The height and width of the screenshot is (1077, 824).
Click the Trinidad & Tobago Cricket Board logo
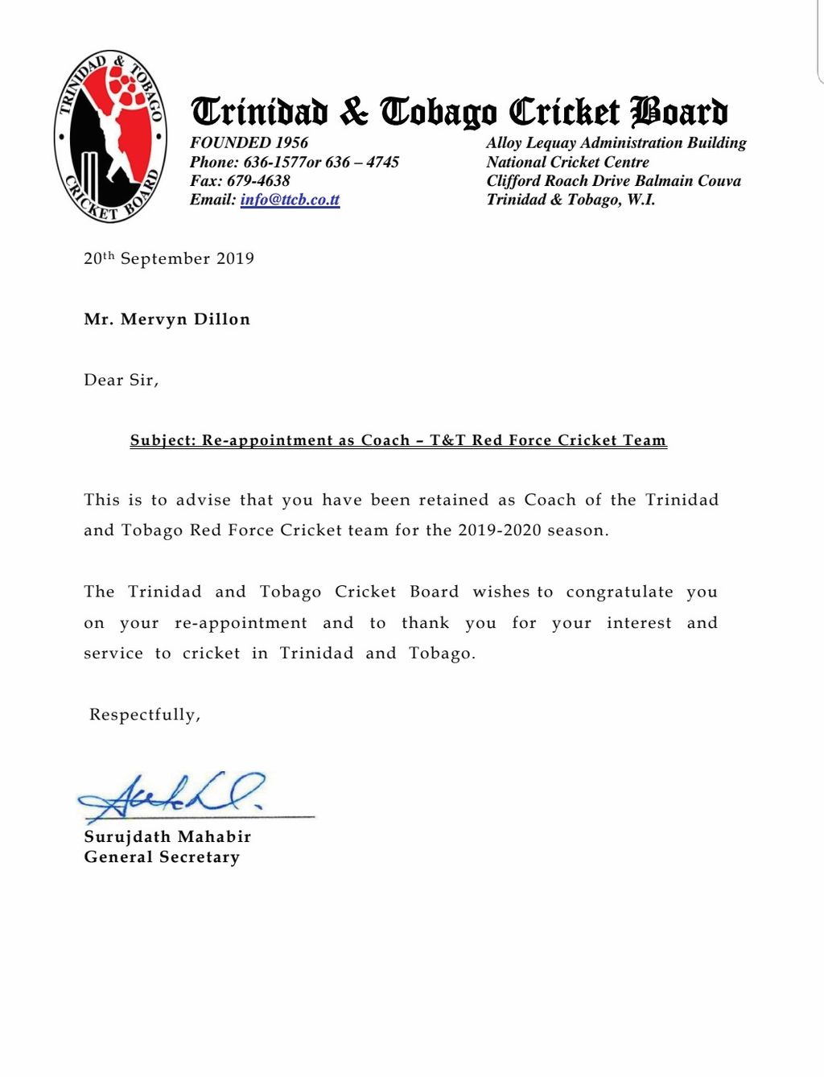[x=110, y=136]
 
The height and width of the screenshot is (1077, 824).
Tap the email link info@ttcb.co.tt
[x=290, y=200]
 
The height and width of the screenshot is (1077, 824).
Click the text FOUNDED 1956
[x=249, y=142]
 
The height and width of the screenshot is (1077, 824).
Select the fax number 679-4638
[x=257, y=180]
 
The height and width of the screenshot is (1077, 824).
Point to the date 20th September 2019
[x=169, y=258]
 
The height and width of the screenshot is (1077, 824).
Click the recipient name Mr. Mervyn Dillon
[x=167, y=320]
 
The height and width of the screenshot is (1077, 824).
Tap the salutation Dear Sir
[x=121, y=380]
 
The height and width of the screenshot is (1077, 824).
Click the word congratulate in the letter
[x=620, y=592]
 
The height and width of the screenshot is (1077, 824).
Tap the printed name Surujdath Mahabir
[x=167, y=837]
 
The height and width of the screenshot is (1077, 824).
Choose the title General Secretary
[x=162, y=857]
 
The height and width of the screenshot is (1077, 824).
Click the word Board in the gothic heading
[x=679, y=112]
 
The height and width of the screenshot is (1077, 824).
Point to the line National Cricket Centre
[x=567, y=162]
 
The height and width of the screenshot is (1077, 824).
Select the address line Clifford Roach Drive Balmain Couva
[x=613, y=180]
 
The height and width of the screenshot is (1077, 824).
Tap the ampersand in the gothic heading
[x=353, y=112]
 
